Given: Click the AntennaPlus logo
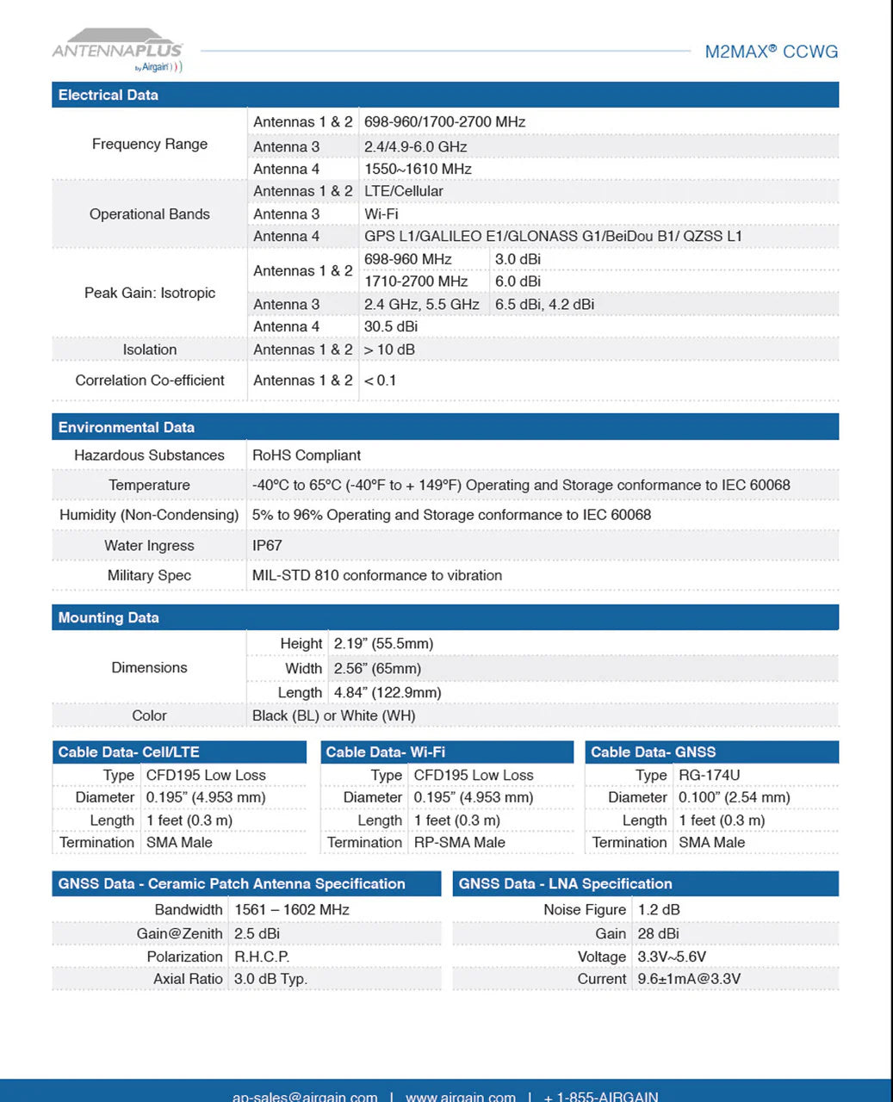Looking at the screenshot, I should [x=118, y=51].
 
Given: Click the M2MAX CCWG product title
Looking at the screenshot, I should [x=771, y=52].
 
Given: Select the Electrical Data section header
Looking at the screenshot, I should [x=109, y=95].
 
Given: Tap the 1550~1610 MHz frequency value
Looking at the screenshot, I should [x=418, y=169].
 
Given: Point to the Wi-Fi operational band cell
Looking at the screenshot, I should [x=381, y=214].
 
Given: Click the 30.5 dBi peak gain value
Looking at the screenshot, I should [x=391, y=326].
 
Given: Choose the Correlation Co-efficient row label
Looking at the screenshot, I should [x=150, y=380].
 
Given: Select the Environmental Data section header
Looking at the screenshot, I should [x=127, y=427].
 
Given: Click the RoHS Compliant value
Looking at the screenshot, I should [x=307, y=455].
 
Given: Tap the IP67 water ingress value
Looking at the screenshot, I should [x=267, y=545].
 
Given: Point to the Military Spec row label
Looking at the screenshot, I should [x=149, y=575].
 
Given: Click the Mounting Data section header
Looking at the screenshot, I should [x=109, y=617].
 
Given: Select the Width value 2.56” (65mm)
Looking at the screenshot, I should [x=378, y=668].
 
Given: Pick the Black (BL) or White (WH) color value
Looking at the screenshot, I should [x=333, y=715].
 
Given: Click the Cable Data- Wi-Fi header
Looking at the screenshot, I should [x=385, y=752].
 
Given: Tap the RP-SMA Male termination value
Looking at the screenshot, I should [x=460, y=842].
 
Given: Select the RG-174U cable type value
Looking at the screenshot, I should [x=710, y=775].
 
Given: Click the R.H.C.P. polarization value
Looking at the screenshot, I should [x=262, y=957].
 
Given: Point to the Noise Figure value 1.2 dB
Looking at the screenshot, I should [x=659, y=909].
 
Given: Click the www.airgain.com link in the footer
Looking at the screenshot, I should [x=461, y=1096].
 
